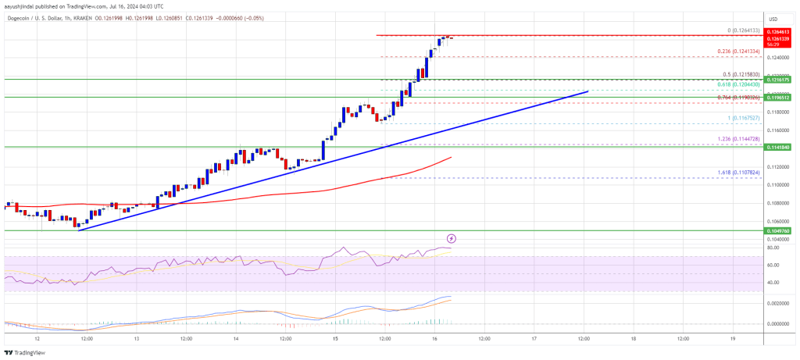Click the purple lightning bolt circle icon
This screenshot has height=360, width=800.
pyautogui.click(x=451, y=238)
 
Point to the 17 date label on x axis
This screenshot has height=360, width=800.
pyautogui.click(x=534, y=339)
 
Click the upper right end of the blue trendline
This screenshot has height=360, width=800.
pyautogui.click(x=587, y=91)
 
